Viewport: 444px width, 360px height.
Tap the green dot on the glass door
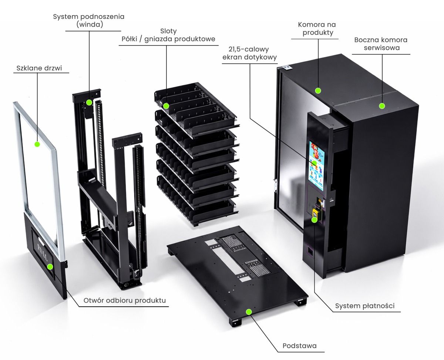pyautogui.click(x=37, y=144)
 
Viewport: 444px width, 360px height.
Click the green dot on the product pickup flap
pyautogui.click(x=50, y=266)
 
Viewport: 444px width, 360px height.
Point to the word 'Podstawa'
pyautogui.click(x=299, y=346)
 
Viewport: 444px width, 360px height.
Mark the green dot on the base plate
pyautogui.click(x=249, y=312)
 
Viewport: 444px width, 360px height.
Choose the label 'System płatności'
pyautogui.click(x=364, y=306)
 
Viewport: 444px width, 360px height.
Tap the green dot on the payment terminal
pyautogui.click(x=314, y=220)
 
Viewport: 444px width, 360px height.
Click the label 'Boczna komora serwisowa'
pyautogui.click(x=380, y=44)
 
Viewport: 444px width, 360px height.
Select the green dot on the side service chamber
pyautogui.click(x=382, y=106)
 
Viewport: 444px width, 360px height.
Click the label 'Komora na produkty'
pyautogui.click(x=317, y=28)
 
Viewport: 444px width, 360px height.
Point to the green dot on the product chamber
pyautogui.click(x=317, y=90)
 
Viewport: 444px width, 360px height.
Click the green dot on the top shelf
pyautogui.click(x=166, y=106)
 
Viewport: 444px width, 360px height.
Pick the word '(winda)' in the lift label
pyautogui.click(x=89, y=24)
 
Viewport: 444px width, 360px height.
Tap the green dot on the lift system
pyautogui.click(x=89, y=102)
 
